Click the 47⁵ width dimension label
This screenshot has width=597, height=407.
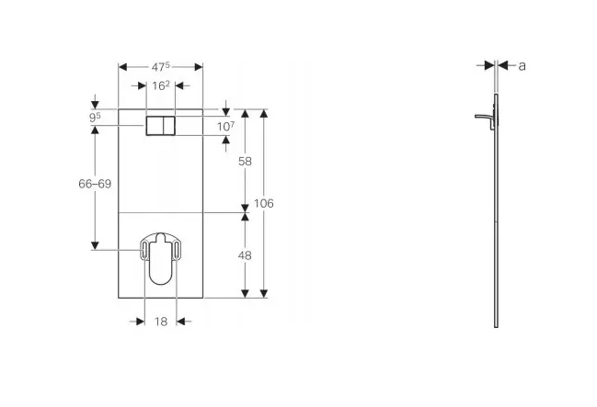pos(161,67)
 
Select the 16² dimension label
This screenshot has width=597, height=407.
pos(161,85)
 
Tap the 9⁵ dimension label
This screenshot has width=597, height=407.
pos(95,118)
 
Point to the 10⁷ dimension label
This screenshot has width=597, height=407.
pos(225,126)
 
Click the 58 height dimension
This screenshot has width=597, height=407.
pos(245,162)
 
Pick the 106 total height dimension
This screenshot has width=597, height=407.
pos(264,204)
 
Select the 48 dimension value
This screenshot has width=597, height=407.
pos(245,255)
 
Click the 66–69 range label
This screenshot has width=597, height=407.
pos(95,184)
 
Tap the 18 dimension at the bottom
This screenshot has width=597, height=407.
pos(161,322)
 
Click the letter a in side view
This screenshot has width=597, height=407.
pos(522,66)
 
